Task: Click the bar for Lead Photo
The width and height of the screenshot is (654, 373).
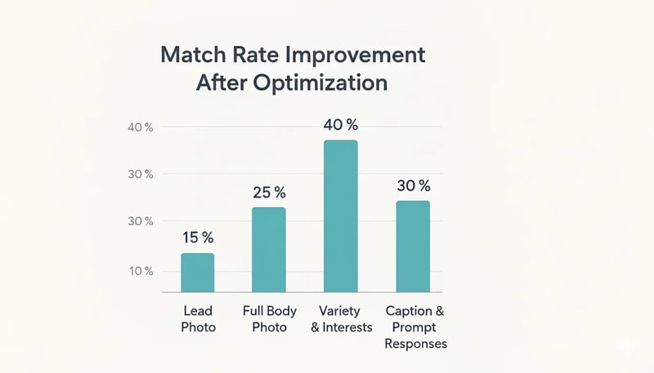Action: [197, 273]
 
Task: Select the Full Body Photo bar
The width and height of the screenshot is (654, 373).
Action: [269, 250]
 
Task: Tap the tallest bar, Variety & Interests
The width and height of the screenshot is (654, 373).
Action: [340, 216]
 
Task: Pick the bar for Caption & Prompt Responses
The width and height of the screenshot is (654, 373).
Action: [412, 246]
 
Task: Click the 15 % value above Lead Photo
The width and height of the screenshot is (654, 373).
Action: [197, 238]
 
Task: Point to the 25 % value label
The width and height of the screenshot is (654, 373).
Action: [269, 193]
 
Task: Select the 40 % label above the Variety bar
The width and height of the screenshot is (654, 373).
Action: [341, 125]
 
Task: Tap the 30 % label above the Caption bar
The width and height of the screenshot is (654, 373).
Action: [413, 185]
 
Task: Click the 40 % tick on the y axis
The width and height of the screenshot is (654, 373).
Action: [141, 127]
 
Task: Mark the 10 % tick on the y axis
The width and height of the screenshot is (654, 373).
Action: [141, 271]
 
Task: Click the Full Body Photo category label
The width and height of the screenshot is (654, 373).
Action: [270, 319]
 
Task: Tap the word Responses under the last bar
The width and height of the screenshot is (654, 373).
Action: [415, 344]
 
